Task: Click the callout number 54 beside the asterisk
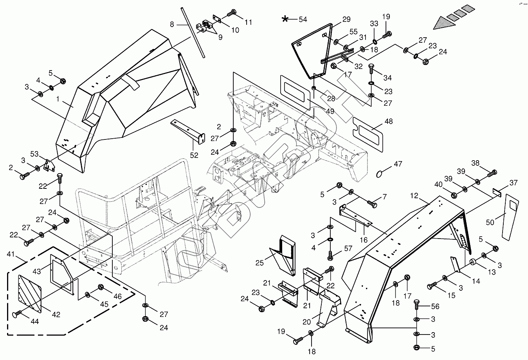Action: [303, 19]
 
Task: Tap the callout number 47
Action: [398, 164]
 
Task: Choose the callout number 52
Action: [194, 156]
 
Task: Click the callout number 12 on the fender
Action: [414, 195]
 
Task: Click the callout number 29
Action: [346, 20]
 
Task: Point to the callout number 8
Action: [172, 24]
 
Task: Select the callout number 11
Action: [249, 22]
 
